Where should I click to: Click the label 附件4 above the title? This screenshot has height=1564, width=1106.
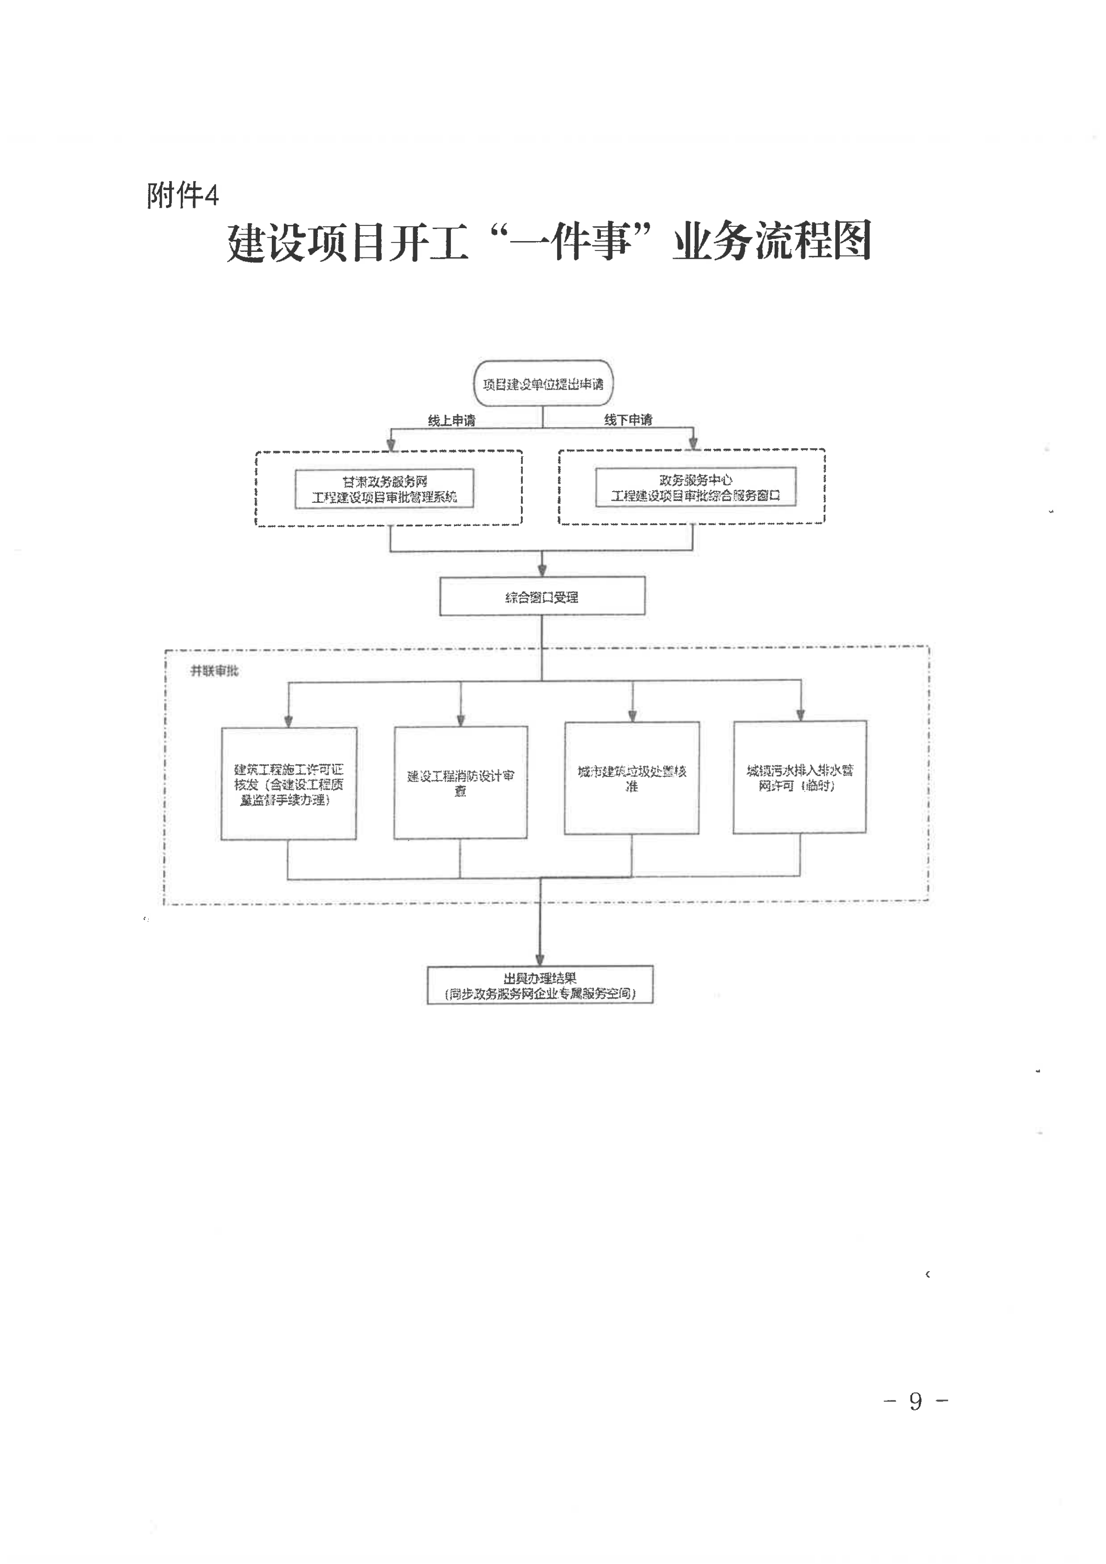[183, 196]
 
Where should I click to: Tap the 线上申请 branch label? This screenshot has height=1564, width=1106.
[451, 421]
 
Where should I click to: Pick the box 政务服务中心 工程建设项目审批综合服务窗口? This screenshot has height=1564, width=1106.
[695, 487]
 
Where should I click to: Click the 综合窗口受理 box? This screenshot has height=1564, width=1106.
[542, 597]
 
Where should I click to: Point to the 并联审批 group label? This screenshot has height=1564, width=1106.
[214, 671]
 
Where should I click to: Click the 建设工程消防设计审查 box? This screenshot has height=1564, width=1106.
[461, 782]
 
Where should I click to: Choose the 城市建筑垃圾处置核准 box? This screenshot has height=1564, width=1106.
[632, 778]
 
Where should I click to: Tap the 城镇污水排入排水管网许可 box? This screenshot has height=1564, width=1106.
[799, 777]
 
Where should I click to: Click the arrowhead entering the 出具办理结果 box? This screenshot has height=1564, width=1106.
[540, 959]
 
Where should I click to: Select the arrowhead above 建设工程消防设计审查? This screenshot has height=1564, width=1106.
[461, 720]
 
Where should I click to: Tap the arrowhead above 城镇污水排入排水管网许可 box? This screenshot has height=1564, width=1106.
[800, 715]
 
